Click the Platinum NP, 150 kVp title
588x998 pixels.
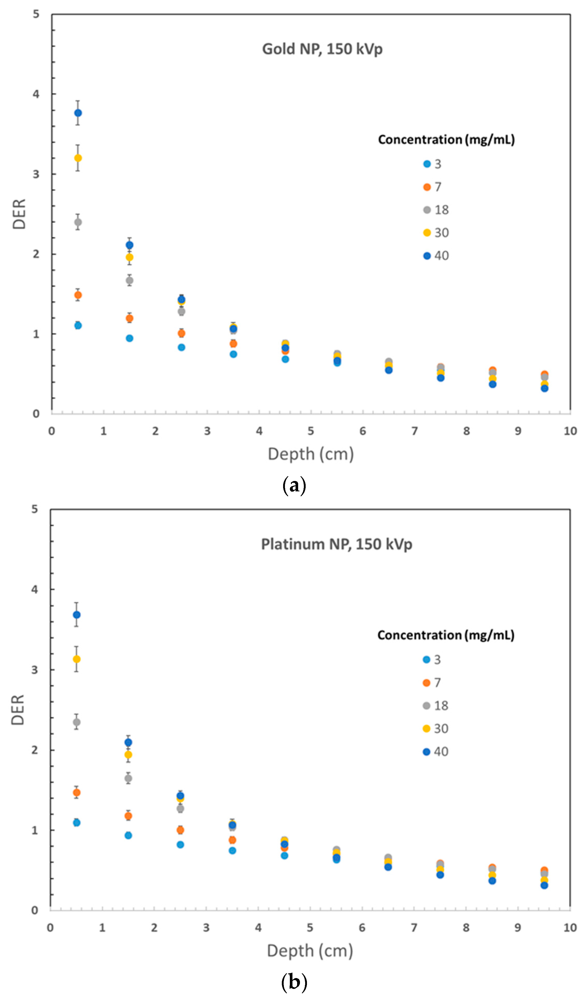[336, 544]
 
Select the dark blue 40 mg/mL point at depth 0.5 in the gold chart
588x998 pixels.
[78, 113]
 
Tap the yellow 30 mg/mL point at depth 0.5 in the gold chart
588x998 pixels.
[78, 158]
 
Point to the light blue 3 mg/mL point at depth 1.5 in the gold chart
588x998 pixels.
[130, 338]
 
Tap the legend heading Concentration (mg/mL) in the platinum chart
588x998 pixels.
[446, 635]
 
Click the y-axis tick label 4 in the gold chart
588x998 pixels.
[36, 94]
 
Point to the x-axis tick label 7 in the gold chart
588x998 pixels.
[414, 431]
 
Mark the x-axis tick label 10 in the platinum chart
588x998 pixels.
[570, 928]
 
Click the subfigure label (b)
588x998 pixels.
[294, 982]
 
